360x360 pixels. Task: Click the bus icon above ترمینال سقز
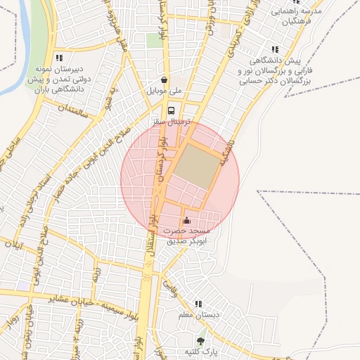[x=171, y=110]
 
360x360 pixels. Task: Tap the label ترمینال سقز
[x=171, y=122]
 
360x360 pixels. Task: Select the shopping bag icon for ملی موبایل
[x=165, y=80]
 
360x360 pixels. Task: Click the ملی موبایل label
[x=164, y=91]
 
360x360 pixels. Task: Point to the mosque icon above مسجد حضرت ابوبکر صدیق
[x=186, y=221]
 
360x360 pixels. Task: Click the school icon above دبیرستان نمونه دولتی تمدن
[x=59, y=58]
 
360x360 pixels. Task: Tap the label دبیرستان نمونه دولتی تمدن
[x=59, y=79]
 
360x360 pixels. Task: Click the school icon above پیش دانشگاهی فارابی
[x=274, y=49]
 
